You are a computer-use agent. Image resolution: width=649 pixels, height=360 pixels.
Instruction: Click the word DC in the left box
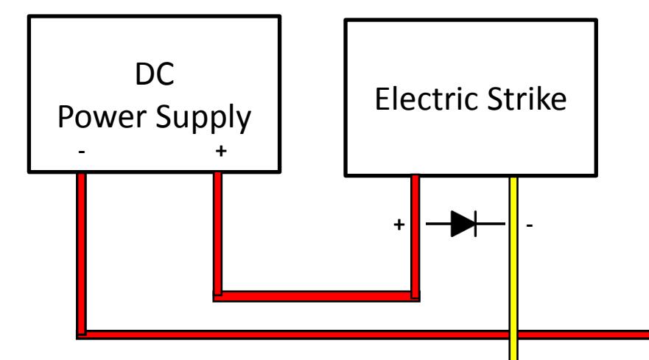click(155, 74)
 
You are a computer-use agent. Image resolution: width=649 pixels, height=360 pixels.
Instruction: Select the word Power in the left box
click(102, 117)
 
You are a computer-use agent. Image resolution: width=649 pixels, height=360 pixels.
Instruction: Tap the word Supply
click(203, 119)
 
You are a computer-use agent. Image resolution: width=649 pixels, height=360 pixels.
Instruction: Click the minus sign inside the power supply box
click(82, 152)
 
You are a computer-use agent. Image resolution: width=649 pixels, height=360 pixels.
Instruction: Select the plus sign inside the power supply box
click(221, 151)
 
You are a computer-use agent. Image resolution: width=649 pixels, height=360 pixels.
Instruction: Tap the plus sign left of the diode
click(399, 225)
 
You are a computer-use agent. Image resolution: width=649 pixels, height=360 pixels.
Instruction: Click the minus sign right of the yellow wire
click(530, 225)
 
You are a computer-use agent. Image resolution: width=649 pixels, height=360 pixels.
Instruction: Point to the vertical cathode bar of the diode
click(476, 224)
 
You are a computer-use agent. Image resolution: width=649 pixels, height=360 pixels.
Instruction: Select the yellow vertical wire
click(513, 268)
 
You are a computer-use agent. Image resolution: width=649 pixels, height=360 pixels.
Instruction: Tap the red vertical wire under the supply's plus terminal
click(218, 234)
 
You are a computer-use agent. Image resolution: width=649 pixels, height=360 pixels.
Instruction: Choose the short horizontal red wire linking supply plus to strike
click(317, 296)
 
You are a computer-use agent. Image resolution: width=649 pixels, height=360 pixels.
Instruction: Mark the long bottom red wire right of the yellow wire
click(583, 335)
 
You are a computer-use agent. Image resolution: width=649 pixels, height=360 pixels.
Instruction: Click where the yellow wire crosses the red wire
click(513, 335)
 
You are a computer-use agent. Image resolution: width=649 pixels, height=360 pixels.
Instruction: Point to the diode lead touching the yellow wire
click(491, 224)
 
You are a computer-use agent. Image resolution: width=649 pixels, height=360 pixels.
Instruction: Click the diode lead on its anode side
click(438, 224)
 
